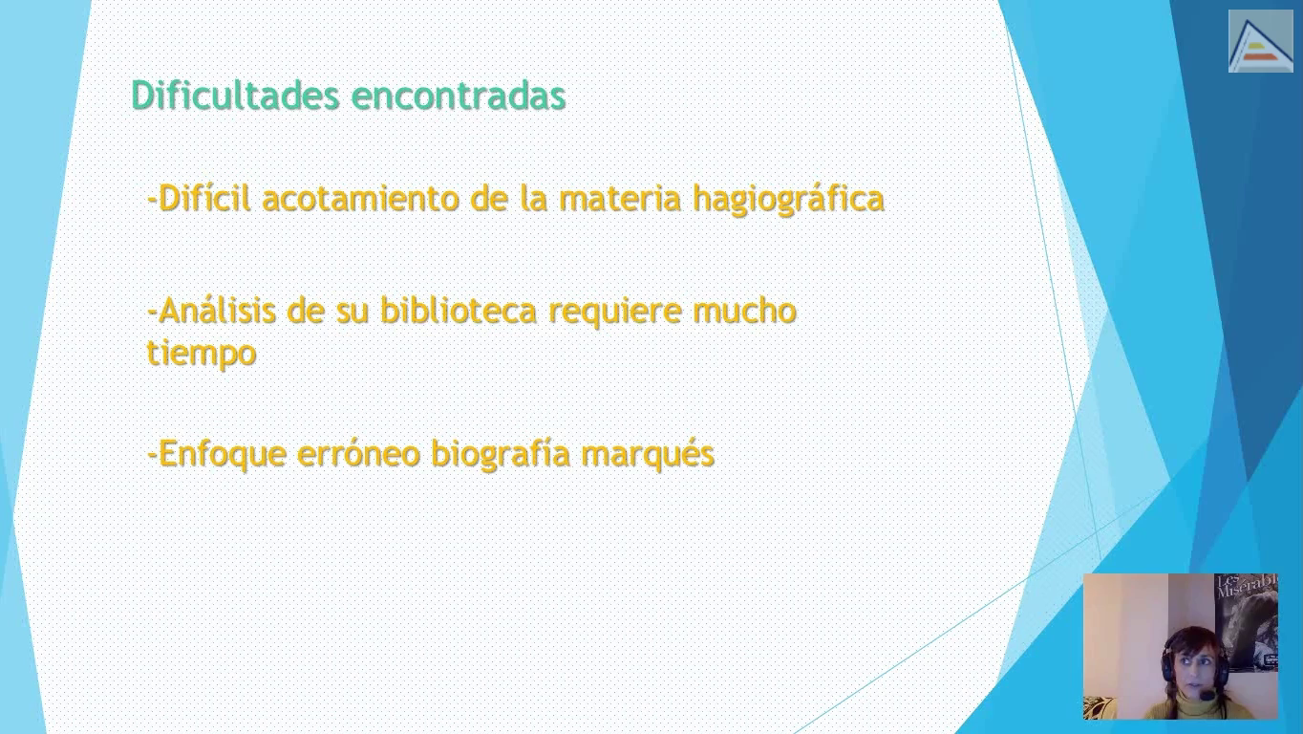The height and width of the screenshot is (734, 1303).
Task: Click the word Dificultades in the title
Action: point(235,95)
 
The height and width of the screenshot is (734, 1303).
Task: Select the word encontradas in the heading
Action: point(459,96)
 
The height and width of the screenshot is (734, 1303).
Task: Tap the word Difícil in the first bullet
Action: point(204,199)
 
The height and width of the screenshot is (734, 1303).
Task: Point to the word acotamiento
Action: point(360,199)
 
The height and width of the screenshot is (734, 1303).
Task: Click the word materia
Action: point(620,199)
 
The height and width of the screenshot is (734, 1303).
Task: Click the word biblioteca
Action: point(459,311)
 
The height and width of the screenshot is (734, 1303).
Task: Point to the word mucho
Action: point(744,311)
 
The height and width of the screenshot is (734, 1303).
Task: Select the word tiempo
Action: point(202,354)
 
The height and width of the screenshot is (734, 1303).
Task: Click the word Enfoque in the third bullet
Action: point(223,454)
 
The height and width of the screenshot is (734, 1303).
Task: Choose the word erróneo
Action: point(358,453)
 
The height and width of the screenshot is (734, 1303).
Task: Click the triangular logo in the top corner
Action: point(1261,41)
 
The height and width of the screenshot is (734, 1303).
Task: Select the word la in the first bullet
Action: point(533,198)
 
